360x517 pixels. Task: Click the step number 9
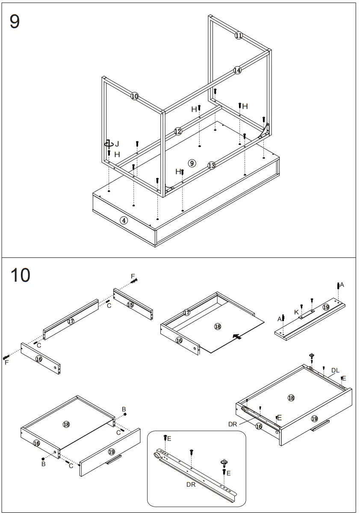click(15, 21)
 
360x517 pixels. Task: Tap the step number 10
click(20, 275)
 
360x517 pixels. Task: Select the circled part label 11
click(239, 35)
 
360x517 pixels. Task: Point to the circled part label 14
click(237, 70)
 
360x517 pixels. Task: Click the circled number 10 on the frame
click(135, 96)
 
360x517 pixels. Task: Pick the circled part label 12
click(178, 131)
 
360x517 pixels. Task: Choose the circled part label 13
click(211, 165)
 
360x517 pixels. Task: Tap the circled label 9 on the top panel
click(192, 163)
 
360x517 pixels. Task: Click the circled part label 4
click(124, 221)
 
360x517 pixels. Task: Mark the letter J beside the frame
click(117, 144)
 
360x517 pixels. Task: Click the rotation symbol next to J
click(109, 145)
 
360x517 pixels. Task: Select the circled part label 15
click(130, 304)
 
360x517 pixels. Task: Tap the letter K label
click(296, 313)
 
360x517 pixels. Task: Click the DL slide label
click(335, 371)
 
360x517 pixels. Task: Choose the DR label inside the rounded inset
click(191, 485)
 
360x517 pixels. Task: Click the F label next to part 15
click(133, 276)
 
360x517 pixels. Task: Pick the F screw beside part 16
click(6, 357)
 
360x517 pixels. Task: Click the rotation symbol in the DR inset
click(224, 462)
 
